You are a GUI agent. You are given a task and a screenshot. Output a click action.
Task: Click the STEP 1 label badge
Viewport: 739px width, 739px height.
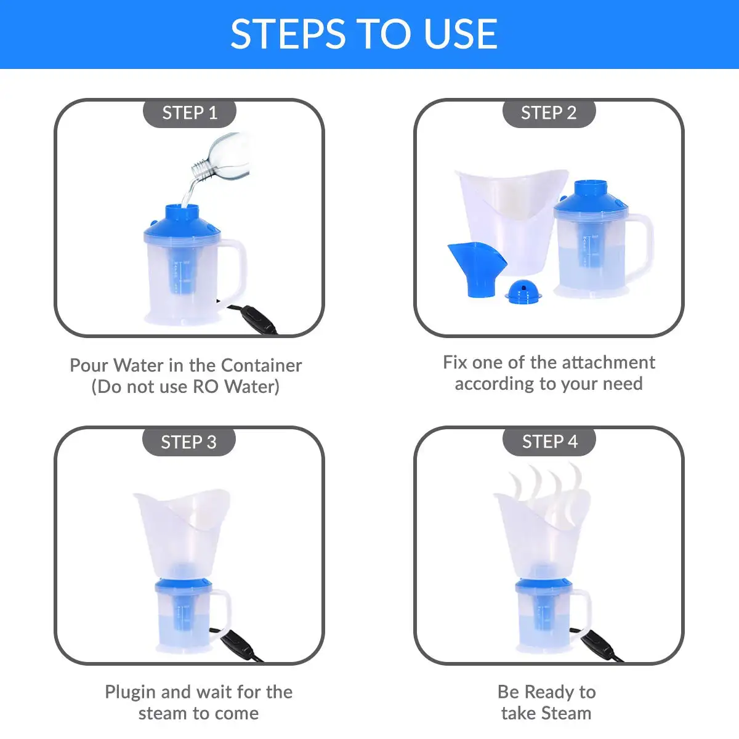pyautogui.click(x=190, y=113)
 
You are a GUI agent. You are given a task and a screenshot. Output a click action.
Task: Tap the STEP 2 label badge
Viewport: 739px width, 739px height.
pyautogui.click(x=549, y=113)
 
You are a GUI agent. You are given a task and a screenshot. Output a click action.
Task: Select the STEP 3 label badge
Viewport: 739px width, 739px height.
pyautogui.click(x=188, y=442)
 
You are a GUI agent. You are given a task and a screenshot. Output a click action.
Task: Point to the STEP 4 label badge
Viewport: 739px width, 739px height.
pyautogui.click(x=549, y=442)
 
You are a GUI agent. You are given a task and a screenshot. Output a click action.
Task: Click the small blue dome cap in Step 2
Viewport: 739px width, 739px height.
pyautogui.click(x=523, y=291)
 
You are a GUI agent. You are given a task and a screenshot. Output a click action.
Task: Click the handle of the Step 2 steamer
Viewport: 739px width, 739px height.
pyautogui.click(x=640, y=246)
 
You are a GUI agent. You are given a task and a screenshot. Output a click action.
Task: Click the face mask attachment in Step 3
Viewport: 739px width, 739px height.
pyautogui.click(x=182, y=534)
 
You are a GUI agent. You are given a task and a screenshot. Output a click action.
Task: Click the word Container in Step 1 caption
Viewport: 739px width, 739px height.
pyautogui.click(x=262, y=365)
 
